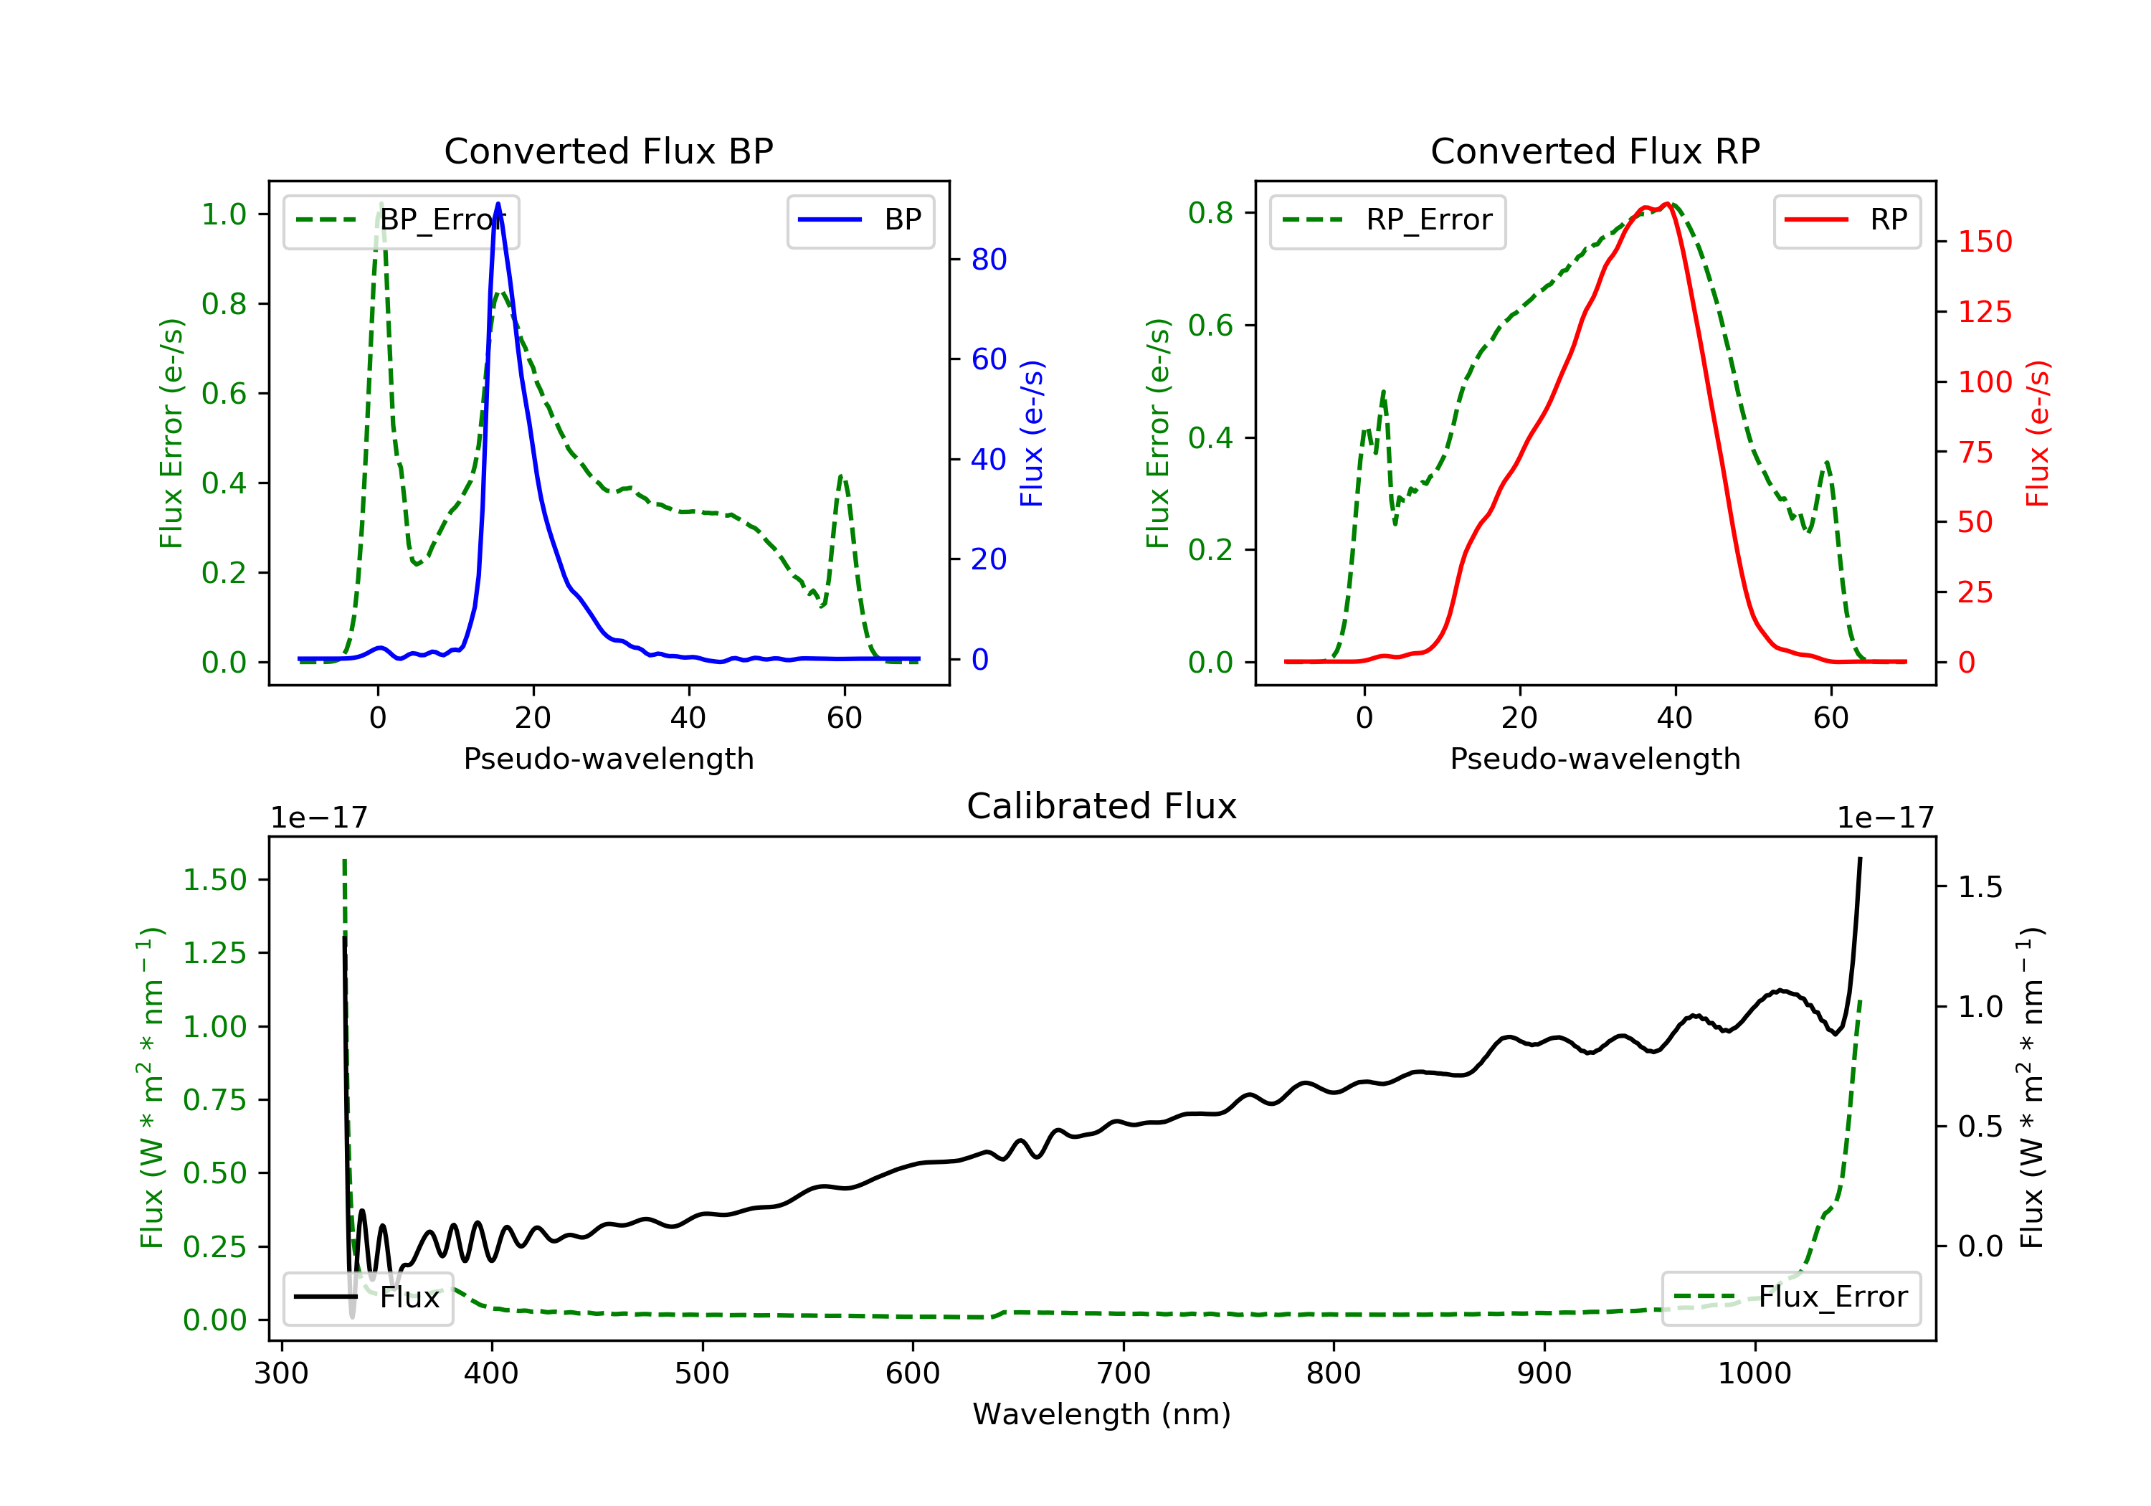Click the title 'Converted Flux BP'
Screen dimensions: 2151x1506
609,151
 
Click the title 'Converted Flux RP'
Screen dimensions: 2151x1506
1595,151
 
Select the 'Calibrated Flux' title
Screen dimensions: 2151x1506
1102,806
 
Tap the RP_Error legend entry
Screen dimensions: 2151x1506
1387,220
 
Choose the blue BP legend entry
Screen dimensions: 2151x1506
860,220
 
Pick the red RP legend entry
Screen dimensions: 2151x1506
1846,220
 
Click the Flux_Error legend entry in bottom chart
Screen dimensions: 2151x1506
1791,1297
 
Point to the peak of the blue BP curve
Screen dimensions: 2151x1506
498,204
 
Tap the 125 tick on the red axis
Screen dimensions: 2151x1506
1985,312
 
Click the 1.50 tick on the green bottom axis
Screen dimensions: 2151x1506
214,880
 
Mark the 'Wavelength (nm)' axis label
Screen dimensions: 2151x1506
1102,1414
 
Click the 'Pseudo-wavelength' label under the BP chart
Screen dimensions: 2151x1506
609,759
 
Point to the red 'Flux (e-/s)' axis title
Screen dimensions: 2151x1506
2037,434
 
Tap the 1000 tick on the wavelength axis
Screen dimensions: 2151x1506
1754,1374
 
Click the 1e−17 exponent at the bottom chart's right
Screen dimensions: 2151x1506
1885,818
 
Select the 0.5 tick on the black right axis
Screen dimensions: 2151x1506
1980,1127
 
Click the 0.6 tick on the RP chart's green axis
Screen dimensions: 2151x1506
1210,326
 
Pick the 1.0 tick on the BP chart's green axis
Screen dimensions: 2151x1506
224,214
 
